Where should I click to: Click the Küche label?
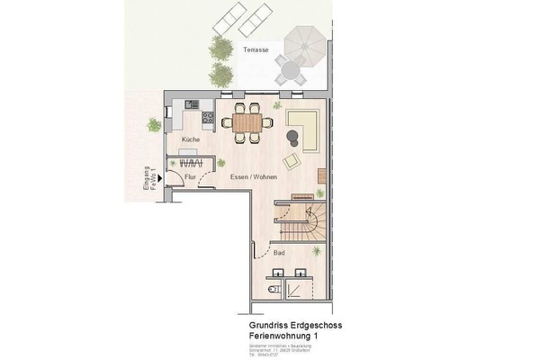(x=190, y=140)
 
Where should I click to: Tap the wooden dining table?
(x=247, y=121)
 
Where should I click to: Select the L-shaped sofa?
(x=307, y=128)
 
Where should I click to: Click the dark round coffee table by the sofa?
(x=292, y=137)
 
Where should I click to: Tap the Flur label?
(x=191, y=177)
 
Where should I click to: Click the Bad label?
(x=279, y=255)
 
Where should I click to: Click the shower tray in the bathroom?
(x=299, y=286)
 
